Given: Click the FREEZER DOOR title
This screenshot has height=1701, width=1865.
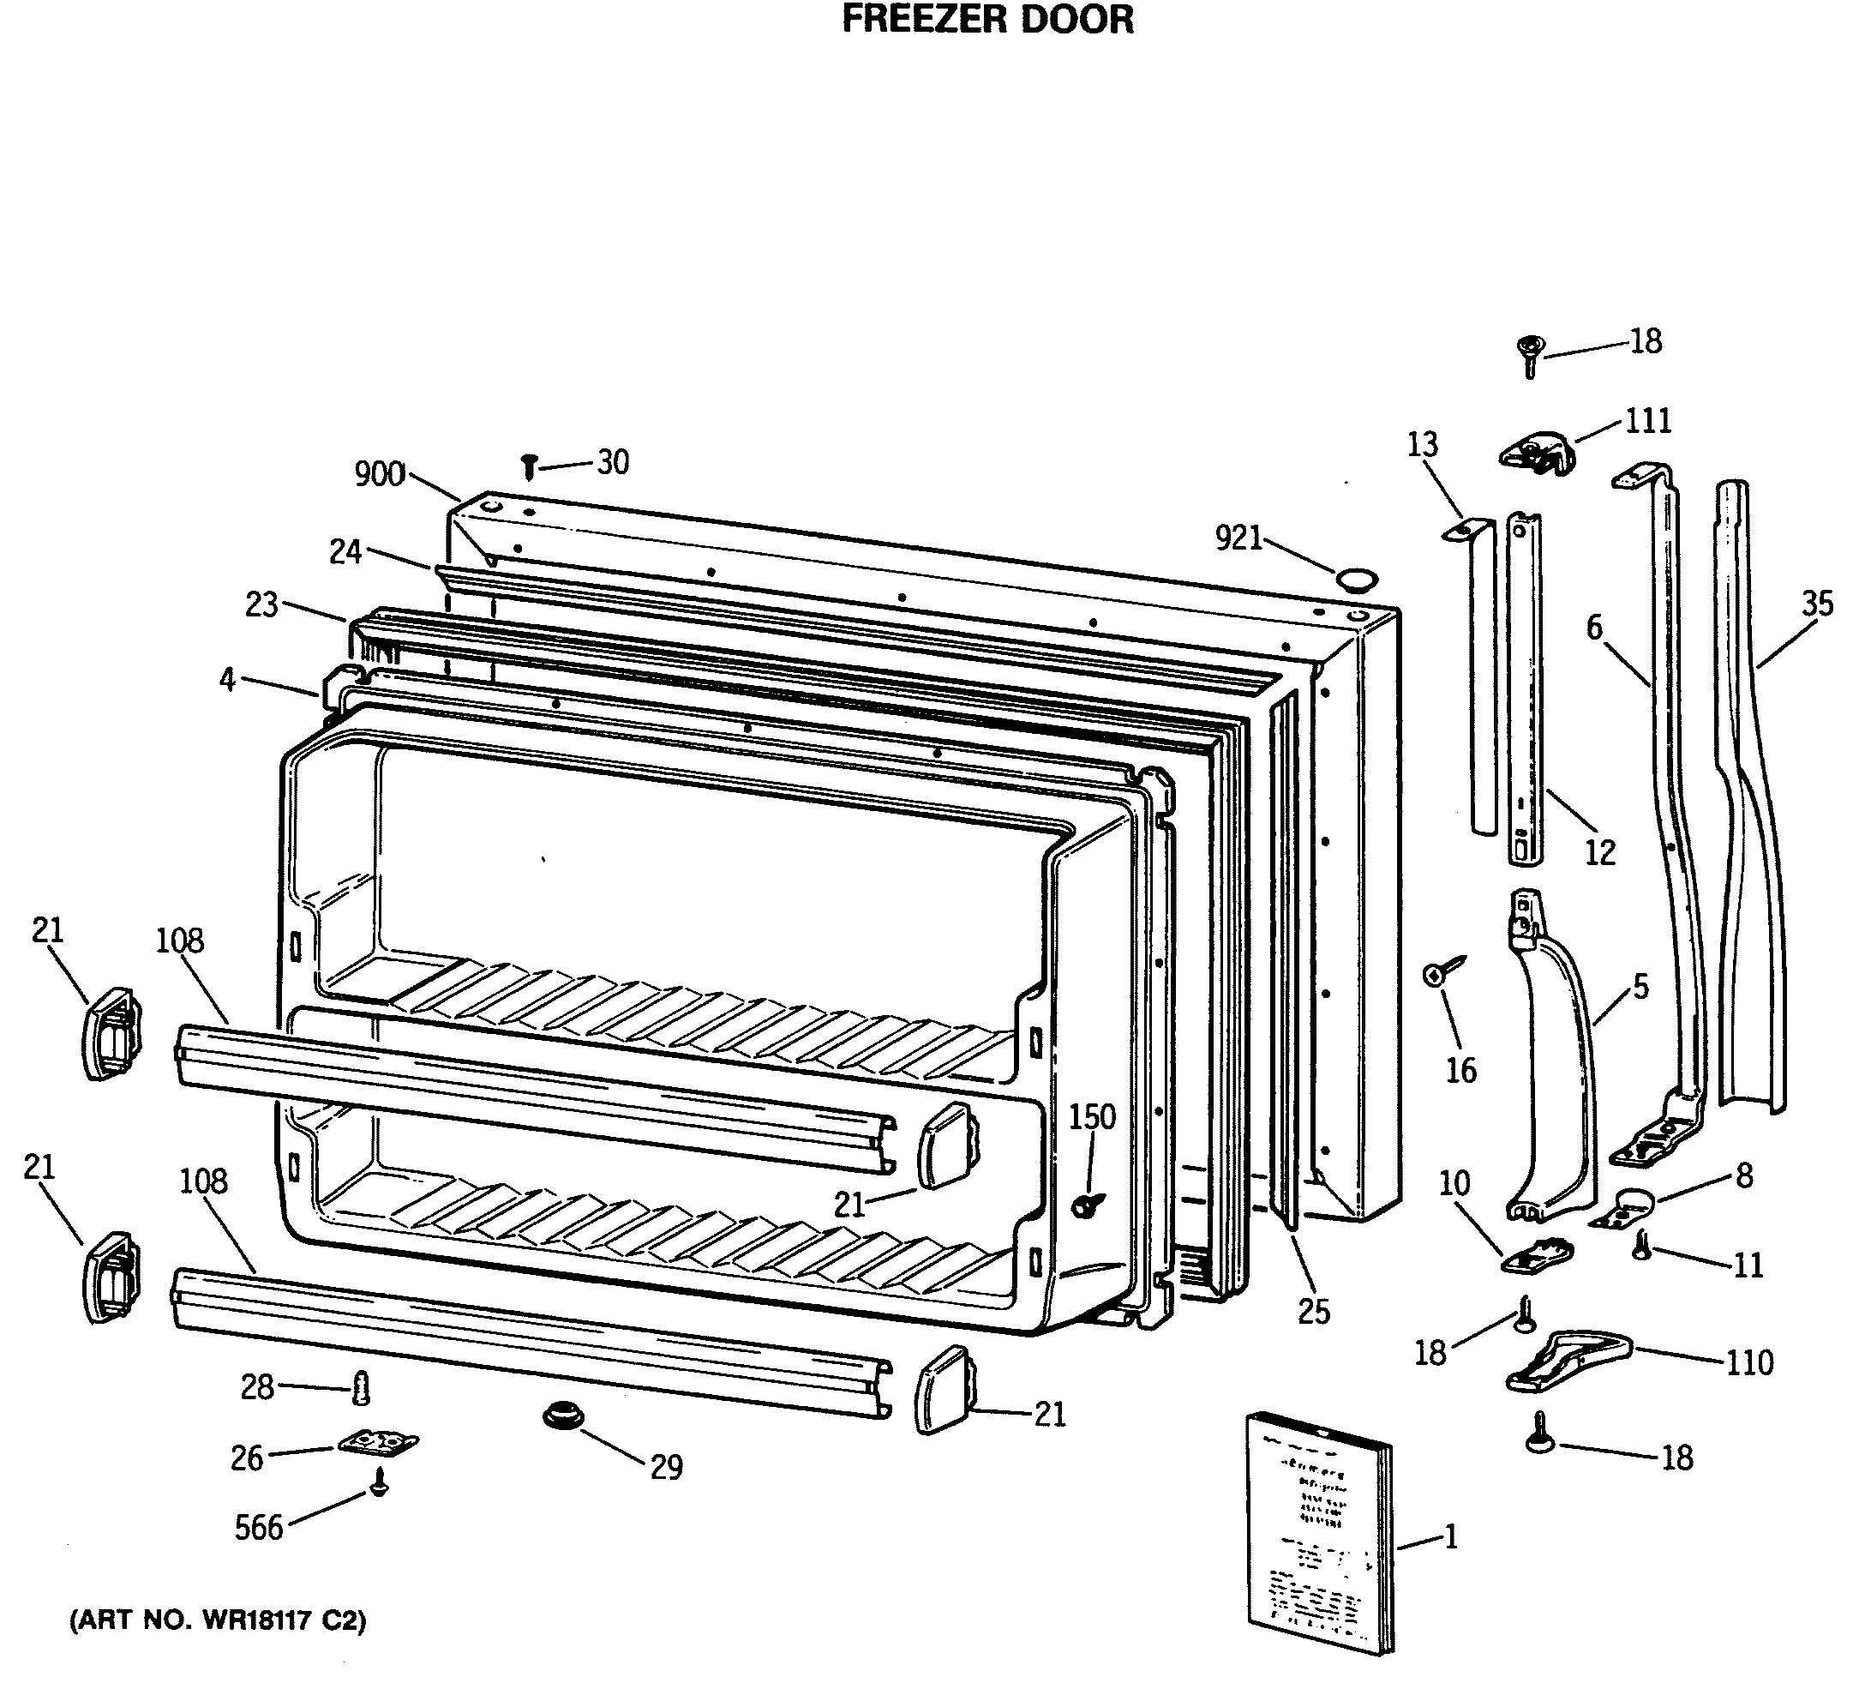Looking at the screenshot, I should (987, 20).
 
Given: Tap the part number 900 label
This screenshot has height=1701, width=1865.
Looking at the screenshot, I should (380, 475).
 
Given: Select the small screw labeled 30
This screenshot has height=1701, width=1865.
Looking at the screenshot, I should (529, 466).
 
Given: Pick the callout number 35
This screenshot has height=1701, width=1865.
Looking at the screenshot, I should (1817, 604).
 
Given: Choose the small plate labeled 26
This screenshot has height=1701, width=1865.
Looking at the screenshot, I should (377, 1444).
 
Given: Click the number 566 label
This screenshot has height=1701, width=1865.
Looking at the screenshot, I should (258, 1528).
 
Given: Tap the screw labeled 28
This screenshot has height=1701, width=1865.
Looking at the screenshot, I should (362, 1388).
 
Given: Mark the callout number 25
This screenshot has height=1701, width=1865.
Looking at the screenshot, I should (1314, 1312).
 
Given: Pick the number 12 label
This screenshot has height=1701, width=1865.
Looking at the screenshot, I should (1599, 852).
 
